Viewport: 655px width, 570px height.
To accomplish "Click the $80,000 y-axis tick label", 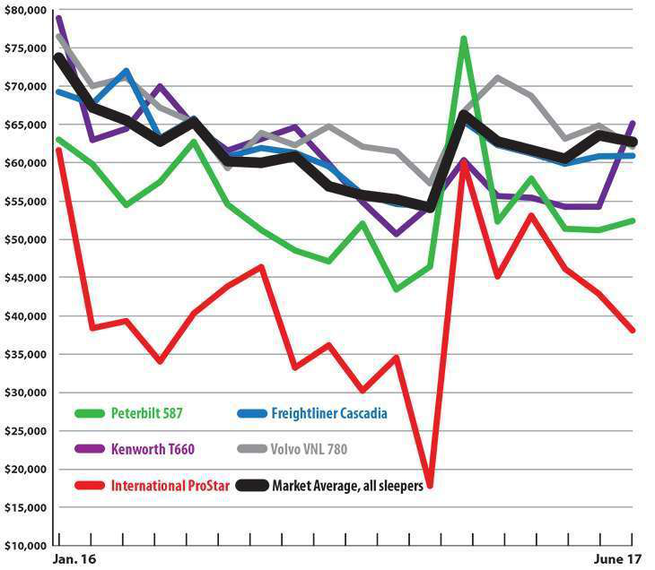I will [25, 10].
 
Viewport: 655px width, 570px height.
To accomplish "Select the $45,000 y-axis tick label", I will [25, 278].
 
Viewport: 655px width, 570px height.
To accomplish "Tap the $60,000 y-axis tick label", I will [25, 163].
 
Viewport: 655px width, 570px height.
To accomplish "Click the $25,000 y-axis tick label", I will [25, 431].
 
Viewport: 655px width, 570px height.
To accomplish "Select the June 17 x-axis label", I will [618, 559].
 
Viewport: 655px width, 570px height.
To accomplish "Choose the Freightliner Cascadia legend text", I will [335, 413].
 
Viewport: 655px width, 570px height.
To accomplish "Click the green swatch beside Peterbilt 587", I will [90, 413].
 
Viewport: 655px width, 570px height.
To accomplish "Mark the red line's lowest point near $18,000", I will [431, 485].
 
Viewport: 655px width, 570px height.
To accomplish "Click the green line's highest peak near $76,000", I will [464, 39].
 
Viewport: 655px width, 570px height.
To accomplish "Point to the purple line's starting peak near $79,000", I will [59, 19].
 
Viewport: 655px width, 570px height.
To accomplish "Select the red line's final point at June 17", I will [633, 330].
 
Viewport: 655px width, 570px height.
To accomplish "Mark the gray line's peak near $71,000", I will [498, 78].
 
